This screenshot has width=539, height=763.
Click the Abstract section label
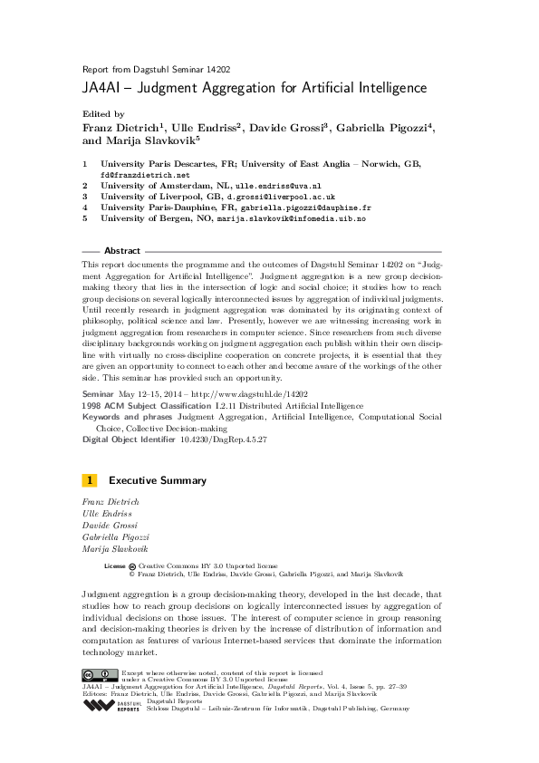122,251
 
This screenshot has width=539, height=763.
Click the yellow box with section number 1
89,480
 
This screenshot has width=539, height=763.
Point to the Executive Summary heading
158,480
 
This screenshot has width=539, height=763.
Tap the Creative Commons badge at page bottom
100,675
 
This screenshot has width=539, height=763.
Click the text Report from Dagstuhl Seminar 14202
143,69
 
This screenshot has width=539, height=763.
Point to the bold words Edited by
102,115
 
